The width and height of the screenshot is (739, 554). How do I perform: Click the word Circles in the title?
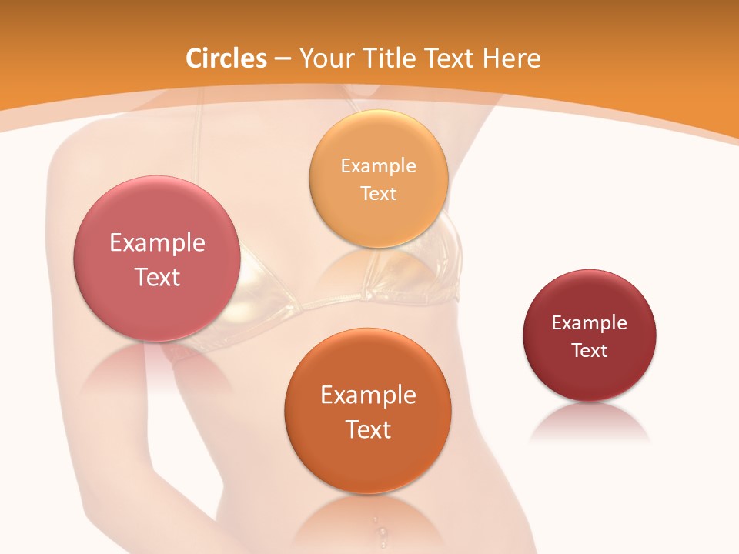pos(226,58)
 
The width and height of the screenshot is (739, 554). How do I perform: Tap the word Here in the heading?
pos(511,58)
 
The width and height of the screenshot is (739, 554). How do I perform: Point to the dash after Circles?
pos(283,59)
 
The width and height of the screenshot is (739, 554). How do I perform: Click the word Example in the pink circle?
pos(157,243)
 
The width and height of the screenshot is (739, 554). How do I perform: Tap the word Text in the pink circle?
pos(157,278)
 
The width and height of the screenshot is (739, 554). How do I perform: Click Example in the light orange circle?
pos(378,166)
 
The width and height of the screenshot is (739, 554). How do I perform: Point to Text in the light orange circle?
pos(378,194)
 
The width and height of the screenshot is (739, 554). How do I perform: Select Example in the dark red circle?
pos(590,323)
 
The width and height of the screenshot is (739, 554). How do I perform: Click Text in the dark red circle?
pos(590,351)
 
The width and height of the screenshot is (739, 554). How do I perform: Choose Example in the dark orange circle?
pos(368,395)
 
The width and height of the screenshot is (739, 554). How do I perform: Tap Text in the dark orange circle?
pos(368,430)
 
